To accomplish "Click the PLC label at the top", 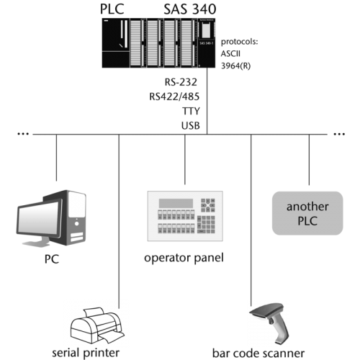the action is click(112, 9).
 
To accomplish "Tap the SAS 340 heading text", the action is click(190, 9).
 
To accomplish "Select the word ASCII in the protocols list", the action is click(230, 53).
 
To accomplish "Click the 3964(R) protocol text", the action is click(235, 66).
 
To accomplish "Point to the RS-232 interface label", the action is click(181, 82).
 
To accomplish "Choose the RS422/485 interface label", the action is click(174, 96).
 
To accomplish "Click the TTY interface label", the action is click(191, 111).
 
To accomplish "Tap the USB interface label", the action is click(191, 125).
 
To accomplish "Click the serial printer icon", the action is click(97, 325).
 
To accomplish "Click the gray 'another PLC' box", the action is click(307, 213).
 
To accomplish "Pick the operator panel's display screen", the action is click(176, 203).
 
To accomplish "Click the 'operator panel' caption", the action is click(184, 258).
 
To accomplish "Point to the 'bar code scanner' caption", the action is click(258, 353).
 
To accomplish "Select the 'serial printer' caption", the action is click(86, 353).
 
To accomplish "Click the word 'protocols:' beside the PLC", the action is click(239, 42).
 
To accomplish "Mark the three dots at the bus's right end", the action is click(339, 134).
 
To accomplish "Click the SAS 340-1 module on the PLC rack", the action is click(207, 43).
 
